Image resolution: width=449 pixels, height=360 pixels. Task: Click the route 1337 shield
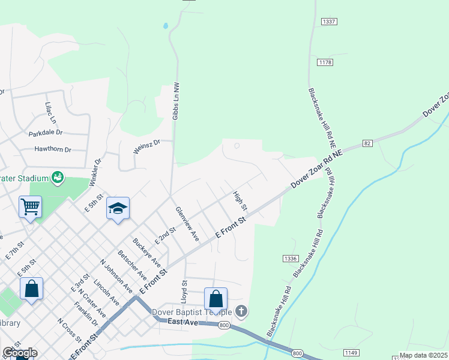[328, 22]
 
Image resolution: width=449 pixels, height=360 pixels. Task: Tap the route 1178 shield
[325, 62]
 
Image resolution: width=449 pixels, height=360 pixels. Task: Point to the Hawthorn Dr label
[53, 149]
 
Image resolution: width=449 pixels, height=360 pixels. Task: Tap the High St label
[240, 200]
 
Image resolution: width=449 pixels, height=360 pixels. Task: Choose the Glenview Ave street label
[187, 224]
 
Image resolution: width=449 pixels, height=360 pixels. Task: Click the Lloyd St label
[184, 290]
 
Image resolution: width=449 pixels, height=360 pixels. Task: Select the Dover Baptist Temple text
[191, 312]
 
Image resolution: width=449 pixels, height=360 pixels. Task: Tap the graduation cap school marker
[118, 209]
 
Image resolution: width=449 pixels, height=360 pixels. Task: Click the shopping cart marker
[30, 207]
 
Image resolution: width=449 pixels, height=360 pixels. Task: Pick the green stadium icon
[58, 177]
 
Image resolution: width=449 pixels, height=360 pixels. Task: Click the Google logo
[20, 353]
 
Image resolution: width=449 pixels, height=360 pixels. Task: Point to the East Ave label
[182, 322]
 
